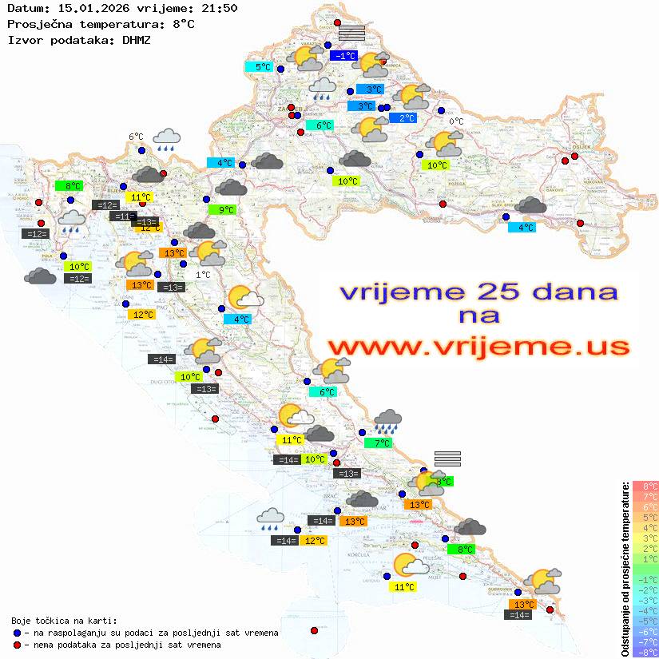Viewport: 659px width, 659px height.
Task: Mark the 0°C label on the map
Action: (x=455, y=121)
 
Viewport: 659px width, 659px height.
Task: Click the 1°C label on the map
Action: (x=203, y=274)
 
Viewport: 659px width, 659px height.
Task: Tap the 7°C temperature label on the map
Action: (x=379, y=443)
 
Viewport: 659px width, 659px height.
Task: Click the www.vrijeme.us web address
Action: (x=478, y=347)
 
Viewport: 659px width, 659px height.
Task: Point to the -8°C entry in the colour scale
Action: (x=645, y=652)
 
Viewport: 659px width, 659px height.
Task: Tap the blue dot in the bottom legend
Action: (x=17, y=633)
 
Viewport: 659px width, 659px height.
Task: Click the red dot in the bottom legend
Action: (x=17, y=645)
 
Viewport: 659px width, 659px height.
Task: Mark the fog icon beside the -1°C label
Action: (x=351, y=33)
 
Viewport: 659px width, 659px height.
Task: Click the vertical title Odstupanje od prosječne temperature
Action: (x=625, y=568)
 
